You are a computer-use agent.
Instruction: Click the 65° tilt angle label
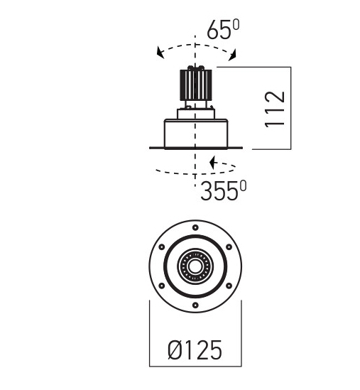223,30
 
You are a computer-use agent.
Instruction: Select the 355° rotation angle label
223,190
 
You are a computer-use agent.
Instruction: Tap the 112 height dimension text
275,109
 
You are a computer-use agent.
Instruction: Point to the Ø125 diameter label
195,350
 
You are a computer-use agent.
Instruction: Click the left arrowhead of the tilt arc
160,53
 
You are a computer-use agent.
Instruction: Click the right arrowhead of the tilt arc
232,55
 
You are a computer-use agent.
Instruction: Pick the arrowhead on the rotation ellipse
213,163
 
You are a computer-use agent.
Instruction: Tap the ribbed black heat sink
196,85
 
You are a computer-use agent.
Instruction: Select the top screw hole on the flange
195,227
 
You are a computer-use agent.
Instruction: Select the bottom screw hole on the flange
195,305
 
